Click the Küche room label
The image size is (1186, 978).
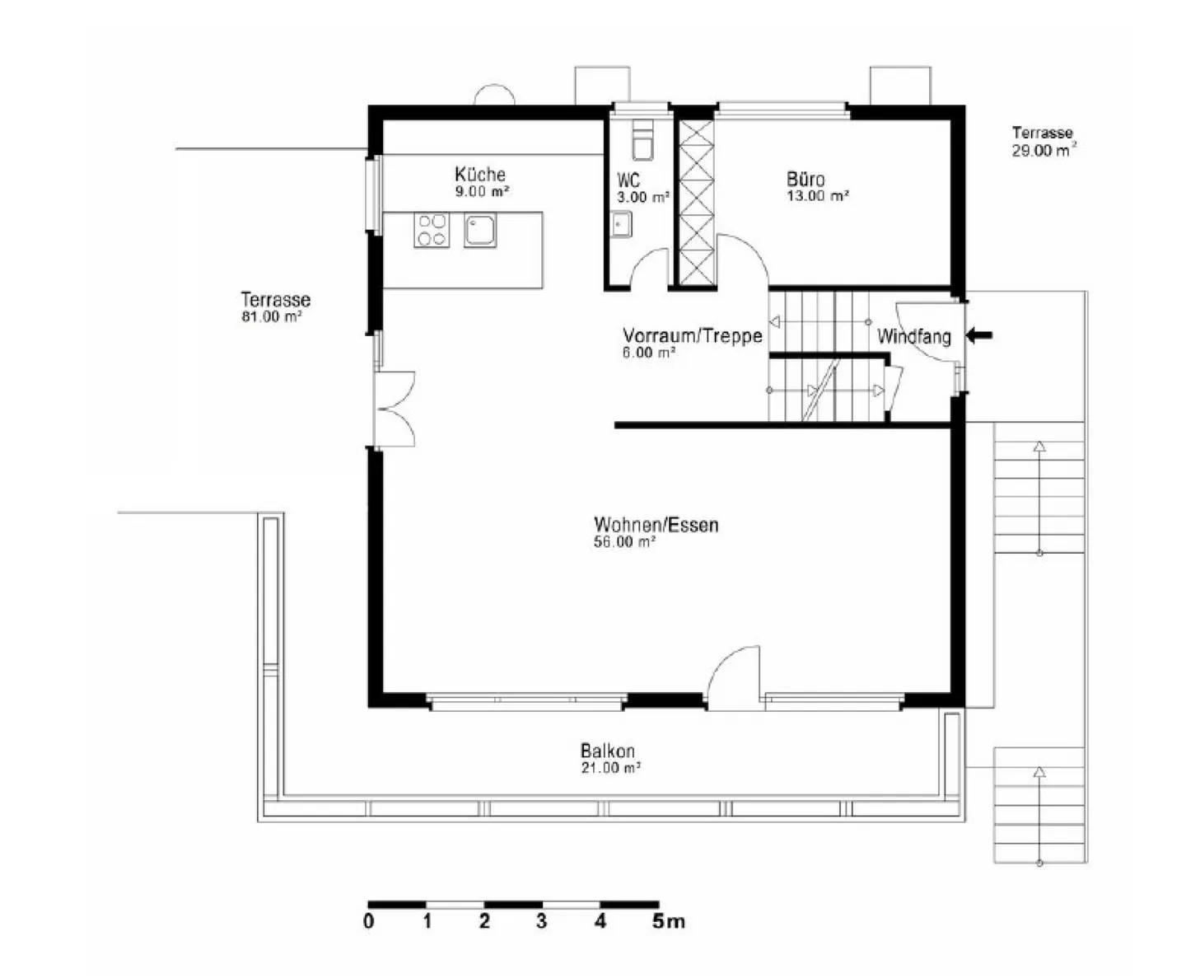point(480,174)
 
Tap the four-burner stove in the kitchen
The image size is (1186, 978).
point(432,230)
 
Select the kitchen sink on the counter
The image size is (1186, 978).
point(480,230)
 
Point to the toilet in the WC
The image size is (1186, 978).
point(643,140)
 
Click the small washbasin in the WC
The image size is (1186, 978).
point(621,224)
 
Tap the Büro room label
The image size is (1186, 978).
point(805,180)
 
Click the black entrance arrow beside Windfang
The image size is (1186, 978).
point(979,335)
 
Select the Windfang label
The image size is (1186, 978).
point(914,336)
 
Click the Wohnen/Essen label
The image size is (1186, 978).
point(656,525)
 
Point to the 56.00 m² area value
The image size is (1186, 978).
point(624,542)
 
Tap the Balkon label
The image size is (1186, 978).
point(607,751)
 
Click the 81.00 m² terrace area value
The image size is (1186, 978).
point(272,316)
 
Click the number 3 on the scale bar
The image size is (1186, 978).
point(541,921)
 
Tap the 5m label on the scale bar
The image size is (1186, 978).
point(669,921)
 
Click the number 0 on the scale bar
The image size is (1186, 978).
point(369,921)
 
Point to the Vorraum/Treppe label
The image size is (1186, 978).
point(693,335)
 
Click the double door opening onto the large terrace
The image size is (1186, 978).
point(395,409)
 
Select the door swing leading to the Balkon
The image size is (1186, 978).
point(734,677)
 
